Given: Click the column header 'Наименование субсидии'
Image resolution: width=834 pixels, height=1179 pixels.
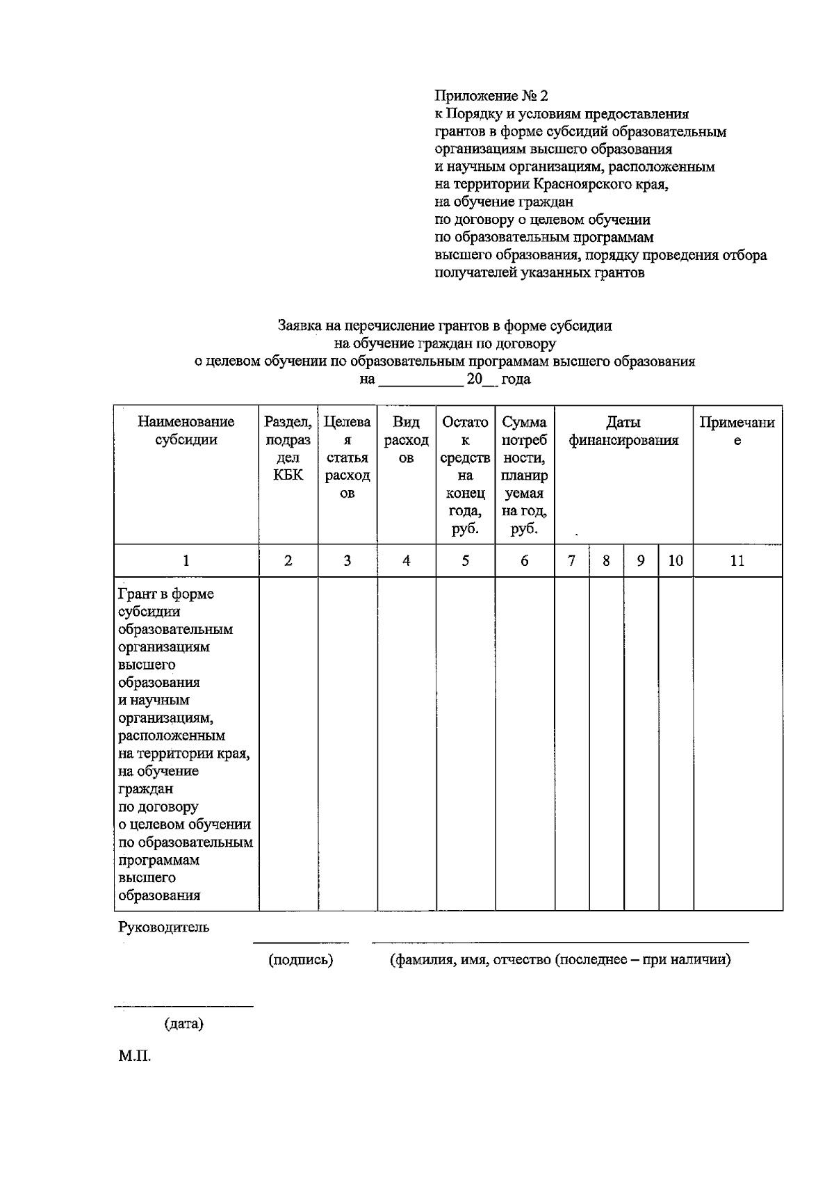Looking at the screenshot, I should tap(186, 430).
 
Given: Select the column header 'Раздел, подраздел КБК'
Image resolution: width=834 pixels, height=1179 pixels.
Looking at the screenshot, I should tap(288, 448).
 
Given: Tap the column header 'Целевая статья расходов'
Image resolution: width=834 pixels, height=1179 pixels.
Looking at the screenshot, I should tap(347, 457).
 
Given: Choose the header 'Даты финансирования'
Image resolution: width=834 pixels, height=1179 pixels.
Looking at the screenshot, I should tap(623, 430).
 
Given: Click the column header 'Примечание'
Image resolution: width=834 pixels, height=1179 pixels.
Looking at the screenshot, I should tap(737, 430).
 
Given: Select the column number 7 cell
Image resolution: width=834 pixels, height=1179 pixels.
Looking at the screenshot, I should tap(572, 560).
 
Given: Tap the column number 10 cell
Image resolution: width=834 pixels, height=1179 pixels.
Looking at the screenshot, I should tap(676, 560).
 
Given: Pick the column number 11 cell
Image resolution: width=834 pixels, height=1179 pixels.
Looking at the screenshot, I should tap(737, 560).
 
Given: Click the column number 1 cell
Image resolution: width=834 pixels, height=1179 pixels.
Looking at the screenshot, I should tap(186, 560).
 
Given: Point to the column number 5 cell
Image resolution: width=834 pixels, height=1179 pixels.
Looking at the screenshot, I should tap(466, 560).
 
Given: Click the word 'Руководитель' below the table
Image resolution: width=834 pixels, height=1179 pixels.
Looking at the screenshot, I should tap(163, 927).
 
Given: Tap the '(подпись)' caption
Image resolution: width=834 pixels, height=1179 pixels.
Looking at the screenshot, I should tap(301, 960).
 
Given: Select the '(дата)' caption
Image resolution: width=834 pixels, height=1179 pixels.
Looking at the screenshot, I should tap(184, 1024).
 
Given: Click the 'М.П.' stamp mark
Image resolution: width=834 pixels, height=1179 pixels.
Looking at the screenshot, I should tap(134, 1057).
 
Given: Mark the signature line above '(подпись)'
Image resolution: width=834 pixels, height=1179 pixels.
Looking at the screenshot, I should tap(301, 943).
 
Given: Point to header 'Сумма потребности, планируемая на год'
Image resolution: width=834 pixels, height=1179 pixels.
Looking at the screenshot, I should tap(525, 475).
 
